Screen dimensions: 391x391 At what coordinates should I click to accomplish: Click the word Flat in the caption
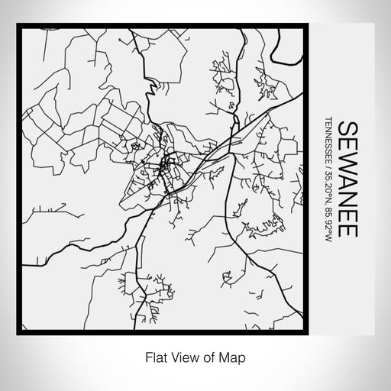tap(151, 356)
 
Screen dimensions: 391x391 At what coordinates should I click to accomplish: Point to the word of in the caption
tap(202, 356)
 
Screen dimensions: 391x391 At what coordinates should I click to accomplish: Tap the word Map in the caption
tap(224, 356)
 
